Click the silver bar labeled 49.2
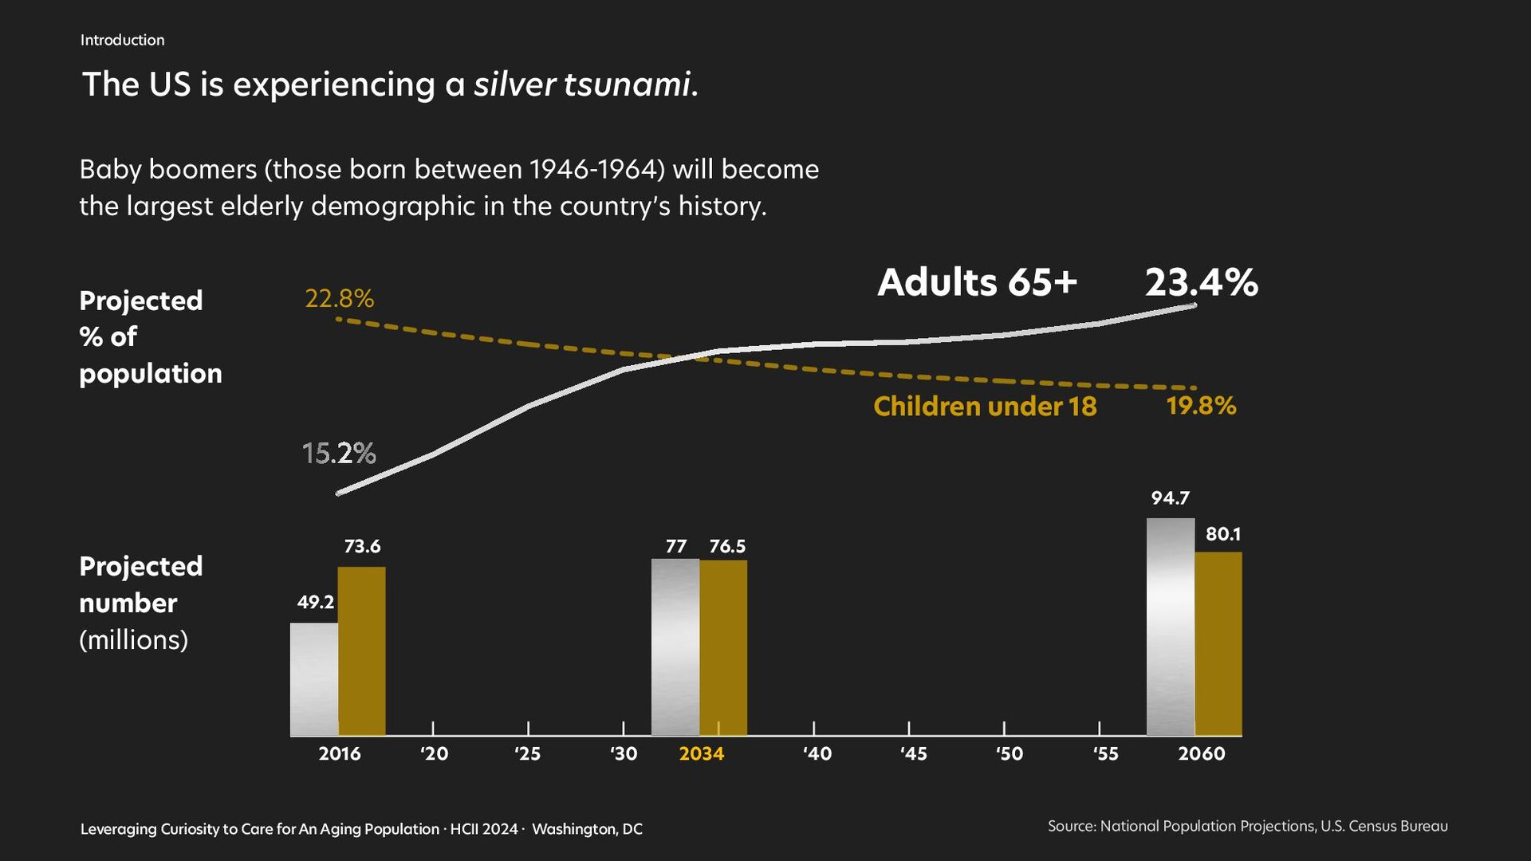tap(314, 678)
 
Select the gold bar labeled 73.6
tap(361, 651)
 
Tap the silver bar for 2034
tap(675, 647)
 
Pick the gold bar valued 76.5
tap(723, 647)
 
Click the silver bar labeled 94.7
tap(1170, 627)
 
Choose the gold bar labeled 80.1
tap(1218, 643)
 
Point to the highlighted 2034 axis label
tap(701, 753)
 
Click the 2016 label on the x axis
tap(340, 753)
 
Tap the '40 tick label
tap(817, 753)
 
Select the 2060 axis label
tap(1201, 753)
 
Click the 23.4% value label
tap(1201, 282)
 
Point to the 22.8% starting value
tap(340, 298)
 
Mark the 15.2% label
tap(339, 453)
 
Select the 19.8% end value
tap(1201, 406)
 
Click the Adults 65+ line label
tap(978, 282)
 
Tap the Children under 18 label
tap(985, 407)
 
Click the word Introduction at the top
tap(122, 40)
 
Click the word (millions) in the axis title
tap(134, 639)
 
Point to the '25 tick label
tap(527, 753)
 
